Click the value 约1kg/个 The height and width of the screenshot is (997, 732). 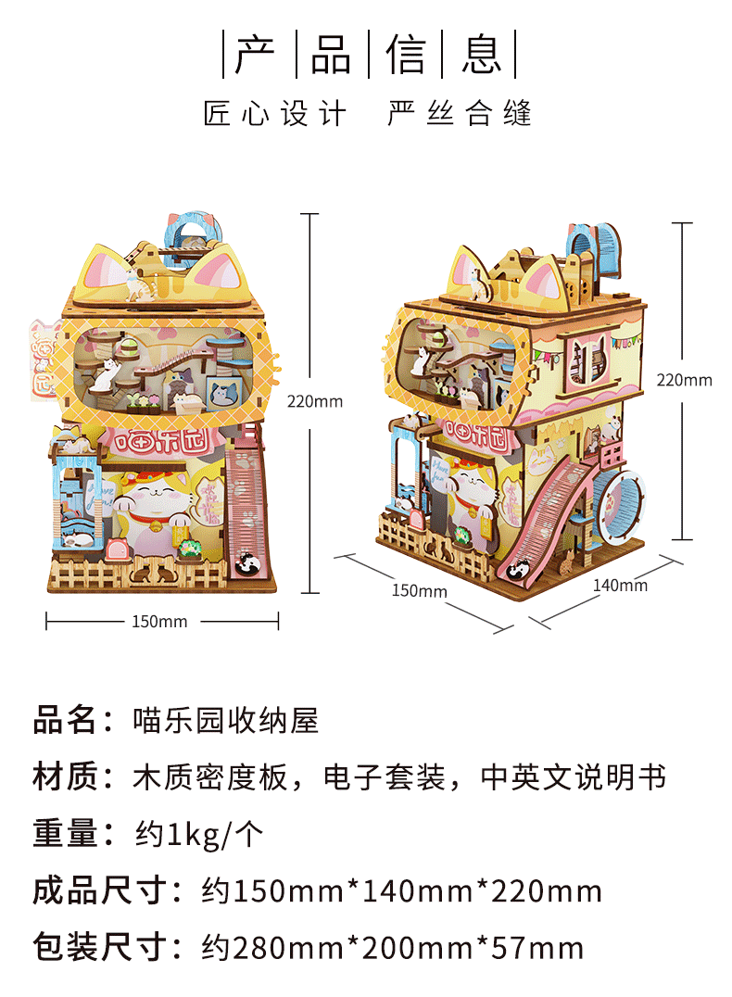[x=198, y=835]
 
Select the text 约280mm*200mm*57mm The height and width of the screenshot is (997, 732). [x=393, y=949]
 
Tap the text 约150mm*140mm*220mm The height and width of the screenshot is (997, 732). [x=402, y=892]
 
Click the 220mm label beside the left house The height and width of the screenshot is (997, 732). [x=315, y=401]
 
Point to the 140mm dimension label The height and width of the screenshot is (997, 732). [x=620, y=585]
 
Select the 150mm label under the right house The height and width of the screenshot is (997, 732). [x=419, y=590]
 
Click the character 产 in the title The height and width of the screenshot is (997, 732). [x=255, y=55]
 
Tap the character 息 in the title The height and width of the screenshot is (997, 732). [x=482, y=55]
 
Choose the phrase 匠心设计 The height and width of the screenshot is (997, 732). [x=275, y=114]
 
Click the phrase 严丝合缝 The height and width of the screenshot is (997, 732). [x=460, y=114]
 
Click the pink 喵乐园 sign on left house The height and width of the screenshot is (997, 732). [x=162, y=441]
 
